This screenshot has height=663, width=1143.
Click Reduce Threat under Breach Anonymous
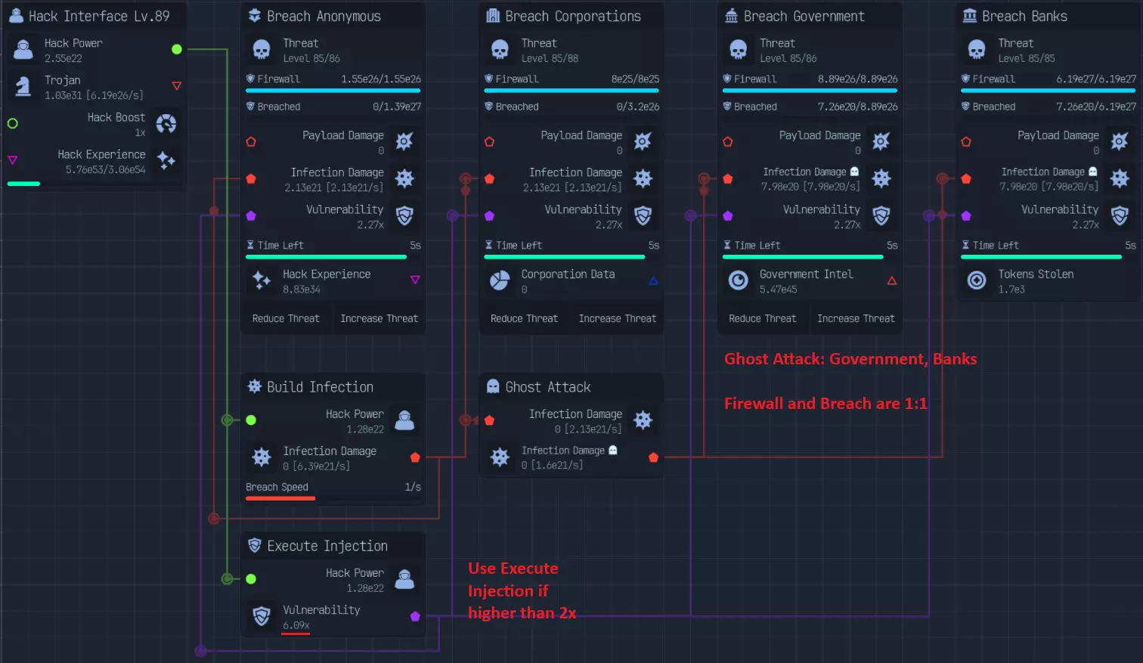286,318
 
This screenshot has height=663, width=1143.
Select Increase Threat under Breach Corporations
618,318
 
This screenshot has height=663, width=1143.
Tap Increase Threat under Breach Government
856,318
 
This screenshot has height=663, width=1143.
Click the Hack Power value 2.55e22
63,58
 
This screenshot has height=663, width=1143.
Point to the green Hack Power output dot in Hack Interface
177,49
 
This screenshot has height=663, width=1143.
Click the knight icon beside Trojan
23,86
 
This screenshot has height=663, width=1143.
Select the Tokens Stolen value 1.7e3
1011,290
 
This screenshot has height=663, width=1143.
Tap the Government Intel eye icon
738,280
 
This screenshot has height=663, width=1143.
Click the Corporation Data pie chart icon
500,280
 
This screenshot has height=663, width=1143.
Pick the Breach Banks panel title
1024,17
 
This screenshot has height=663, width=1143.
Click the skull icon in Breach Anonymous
262,50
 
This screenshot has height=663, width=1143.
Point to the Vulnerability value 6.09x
296,625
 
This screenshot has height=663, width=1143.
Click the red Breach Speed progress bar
280,498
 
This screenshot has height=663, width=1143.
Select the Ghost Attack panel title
548,387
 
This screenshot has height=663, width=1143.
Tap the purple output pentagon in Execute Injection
415,616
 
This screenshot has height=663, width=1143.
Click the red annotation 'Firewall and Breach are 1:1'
825,404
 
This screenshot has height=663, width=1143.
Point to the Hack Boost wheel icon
166,124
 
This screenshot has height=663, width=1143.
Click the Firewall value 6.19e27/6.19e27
1096,79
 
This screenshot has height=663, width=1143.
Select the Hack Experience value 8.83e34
302,290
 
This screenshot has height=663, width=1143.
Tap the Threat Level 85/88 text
550,58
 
